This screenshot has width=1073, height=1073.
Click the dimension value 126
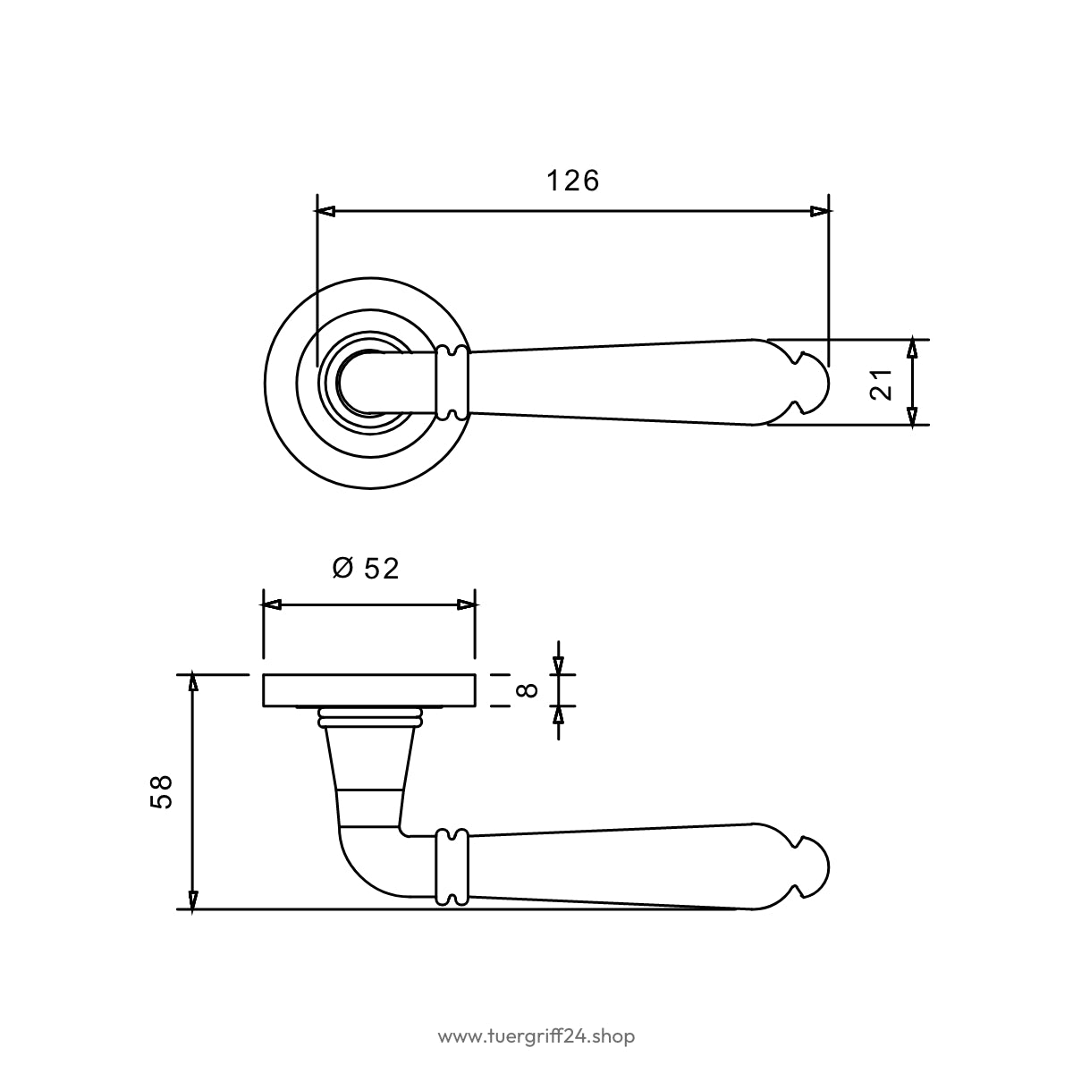[572, 181]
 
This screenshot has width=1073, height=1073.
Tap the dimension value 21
[881, 384]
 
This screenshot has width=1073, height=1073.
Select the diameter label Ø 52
[366, 569]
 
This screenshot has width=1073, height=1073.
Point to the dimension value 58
[161, 791]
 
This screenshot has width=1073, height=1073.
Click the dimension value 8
[527, 690]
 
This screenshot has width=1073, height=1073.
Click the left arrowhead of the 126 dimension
[325, 211]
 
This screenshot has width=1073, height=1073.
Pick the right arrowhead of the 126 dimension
[820, 211]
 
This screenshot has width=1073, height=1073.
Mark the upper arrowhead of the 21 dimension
[912, 349]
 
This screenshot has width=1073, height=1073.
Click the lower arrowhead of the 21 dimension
[912, 416]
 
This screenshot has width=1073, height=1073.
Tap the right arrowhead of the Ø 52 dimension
[466, 604]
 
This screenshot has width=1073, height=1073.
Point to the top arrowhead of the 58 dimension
[192, 682]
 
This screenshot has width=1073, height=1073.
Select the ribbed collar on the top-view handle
[452, 382]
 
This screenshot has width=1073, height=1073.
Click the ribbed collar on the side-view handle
[452, 866]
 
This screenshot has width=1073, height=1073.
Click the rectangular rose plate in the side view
[369, 690]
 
